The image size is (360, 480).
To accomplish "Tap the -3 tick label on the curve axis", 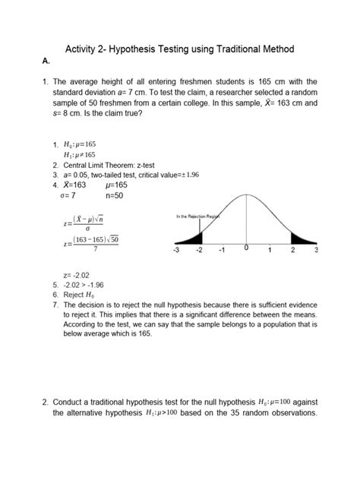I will (x=177, y=250).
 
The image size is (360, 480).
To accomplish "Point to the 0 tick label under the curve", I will (x=246, y=248).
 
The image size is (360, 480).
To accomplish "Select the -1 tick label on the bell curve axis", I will (x=222, y=250).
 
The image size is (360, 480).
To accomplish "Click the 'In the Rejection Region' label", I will (x=198, y=217).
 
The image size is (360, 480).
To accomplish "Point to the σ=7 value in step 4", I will (x=68, y=195).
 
